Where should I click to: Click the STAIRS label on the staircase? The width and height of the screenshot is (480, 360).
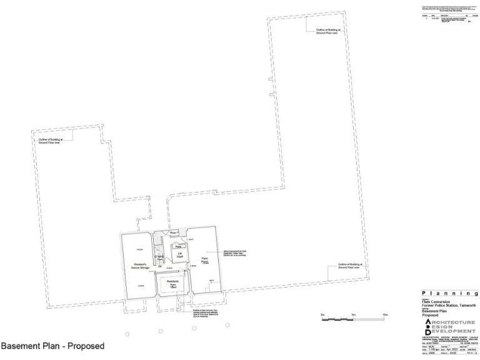(159, 257)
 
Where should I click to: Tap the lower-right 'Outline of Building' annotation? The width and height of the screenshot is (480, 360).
(350, 266)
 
